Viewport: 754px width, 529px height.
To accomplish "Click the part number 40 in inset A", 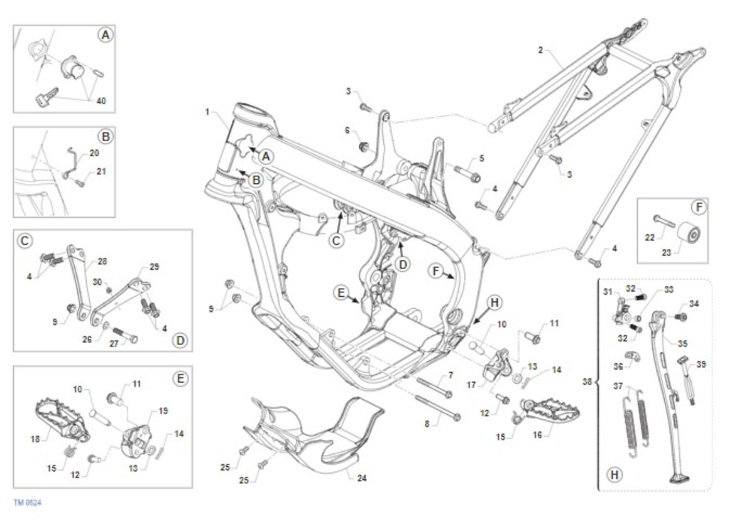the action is [x=101, y=101].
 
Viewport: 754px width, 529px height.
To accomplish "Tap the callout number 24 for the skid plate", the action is [x=361, y=478].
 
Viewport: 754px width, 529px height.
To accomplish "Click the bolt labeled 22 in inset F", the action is [x=664, y=220].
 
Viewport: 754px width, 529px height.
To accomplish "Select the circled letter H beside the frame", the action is [x=494, y=302].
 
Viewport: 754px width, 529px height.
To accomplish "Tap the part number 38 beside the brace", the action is [x=587, y=382].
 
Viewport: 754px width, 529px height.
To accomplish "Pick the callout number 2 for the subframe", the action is [x=540, y=50].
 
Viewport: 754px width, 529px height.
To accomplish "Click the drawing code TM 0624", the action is [x=28, y=503].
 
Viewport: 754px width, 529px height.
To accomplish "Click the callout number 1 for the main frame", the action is [x=207, y=112].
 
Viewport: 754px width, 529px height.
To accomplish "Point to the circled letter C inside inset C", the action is [x=25, y=240].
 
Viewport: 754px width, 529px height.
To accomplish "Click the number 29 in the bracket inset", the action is [x=154, y=267].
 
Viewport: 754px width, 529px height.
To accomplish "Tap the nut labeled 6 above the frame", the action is [x=363, y=146].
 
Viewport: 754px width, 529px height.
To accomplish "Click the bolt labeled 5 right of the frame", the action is [x=467, y=173].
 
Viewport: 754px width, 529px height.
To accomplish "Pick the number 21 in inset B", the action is [x=101, y=171].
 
